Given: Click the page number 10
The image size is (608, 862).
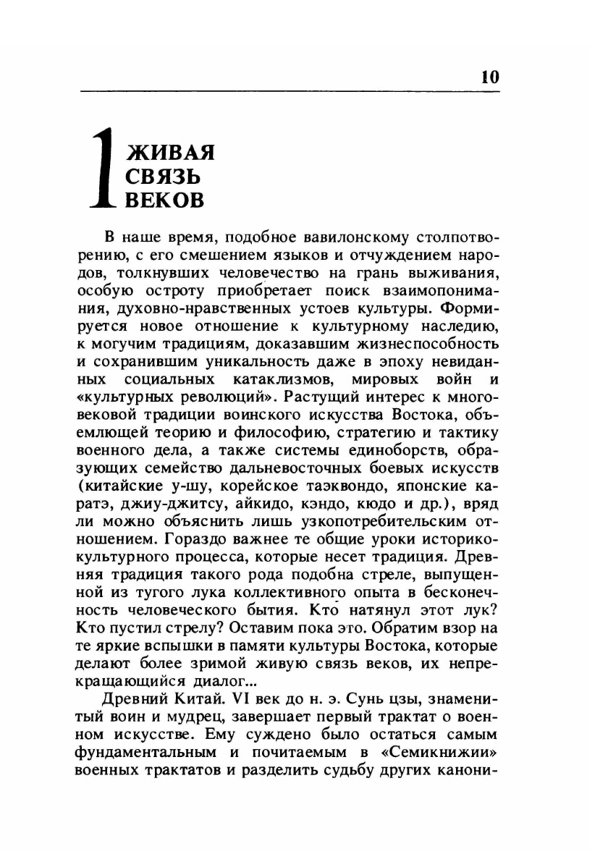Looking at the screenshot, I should (489, 77).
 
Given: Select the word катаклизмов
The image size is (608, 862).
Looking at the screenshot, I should (296, 379).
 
